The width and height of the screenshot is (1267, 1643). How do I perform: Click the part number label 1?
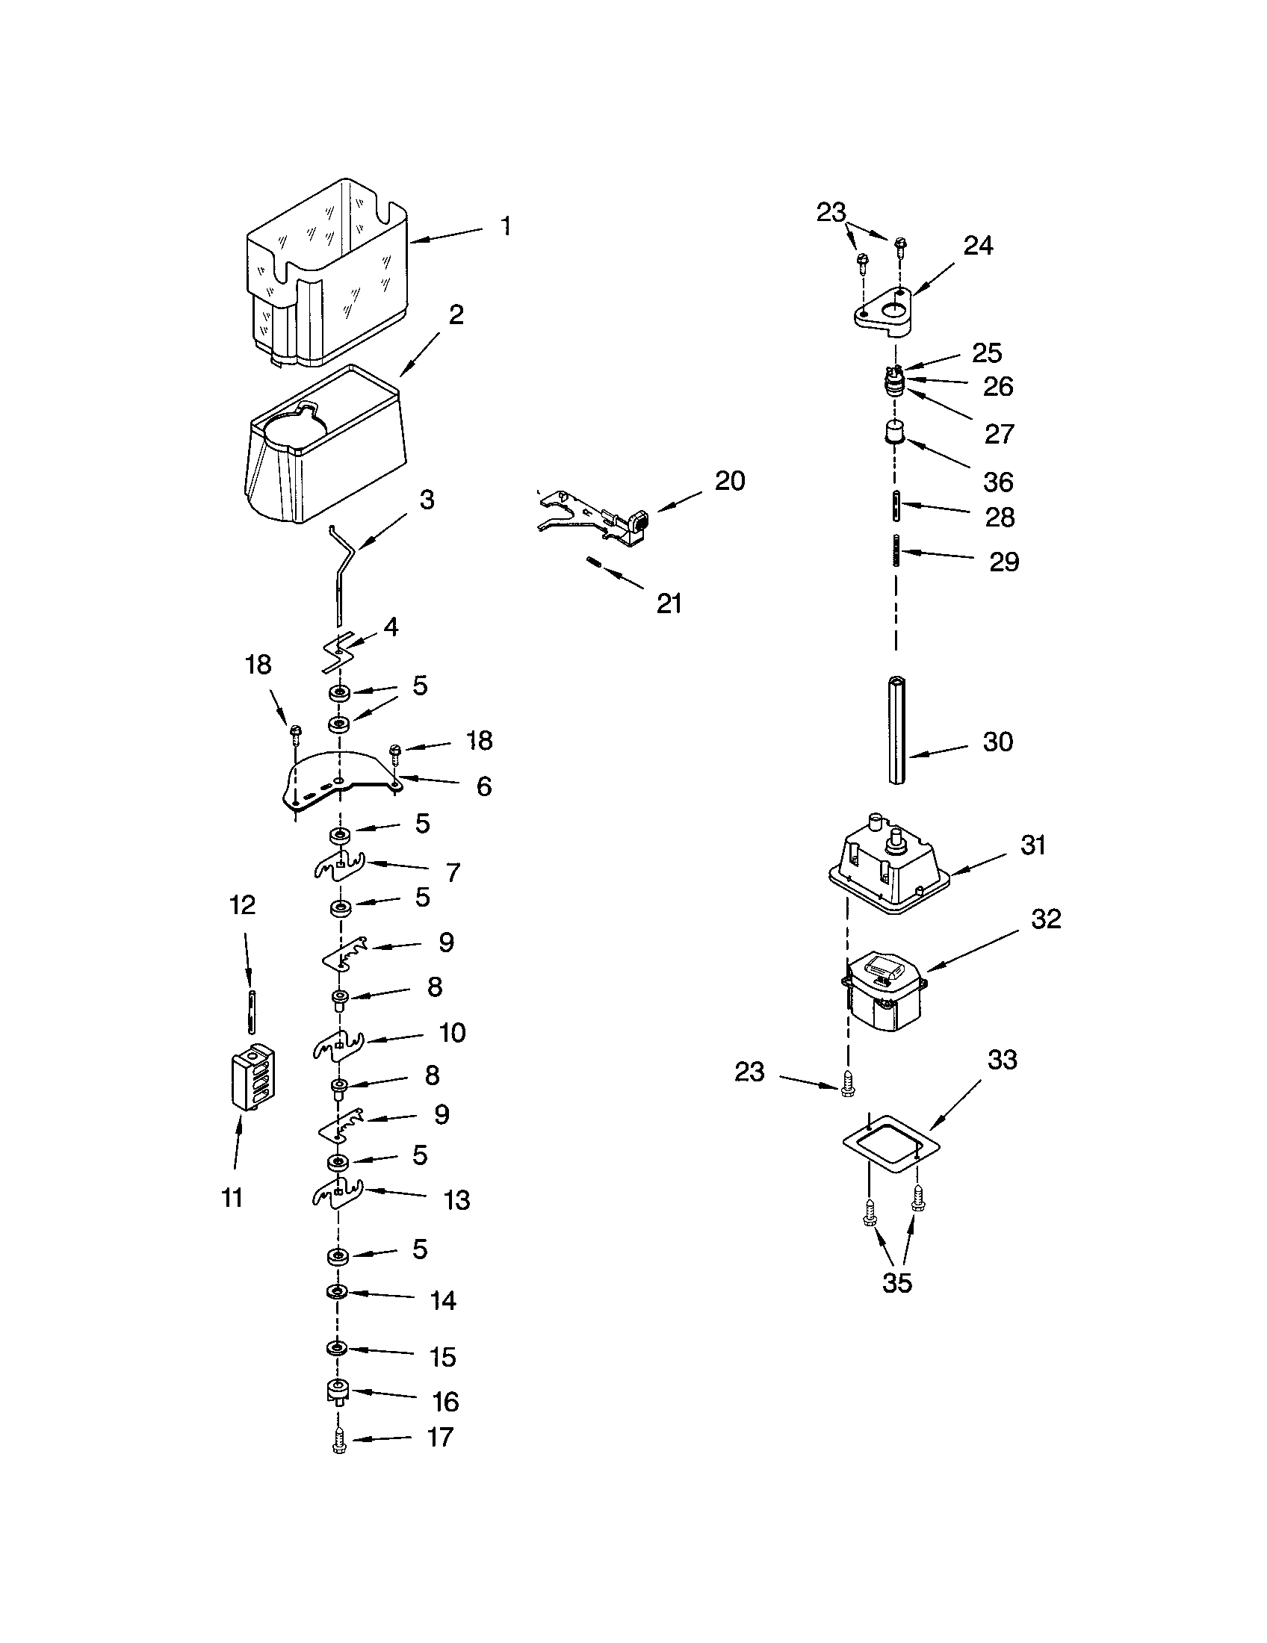(507, 226)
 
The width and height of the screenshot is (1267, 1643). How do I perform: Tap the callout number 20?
(729, 481)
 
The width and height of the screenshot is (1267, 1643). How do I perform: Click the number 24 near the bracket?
(978, 245)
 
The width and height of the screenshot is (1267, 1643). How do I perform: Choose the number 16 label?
(445, 1402)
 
